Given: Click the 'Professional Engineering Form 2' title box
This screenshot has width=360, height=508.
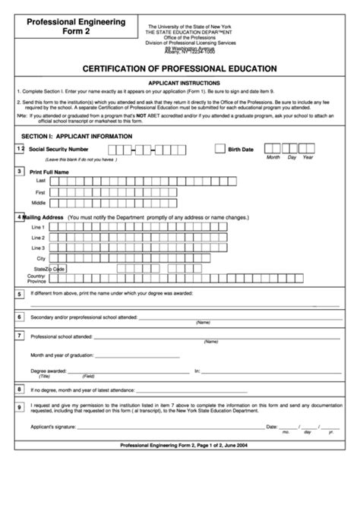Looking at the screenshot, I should coord(76,28).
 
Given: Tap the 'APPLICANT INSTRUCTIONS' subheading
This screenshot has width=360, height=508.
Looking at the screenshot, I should coord(179,82).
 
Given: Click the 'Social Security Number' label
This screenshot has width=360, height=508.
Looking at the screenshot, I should coord(58,150).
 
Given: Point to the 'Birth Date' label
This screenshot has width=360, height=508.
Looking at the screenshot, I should coord(242,150).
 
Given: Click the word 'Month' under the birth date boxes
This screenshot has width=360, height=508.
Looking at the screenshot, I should coord(273,158).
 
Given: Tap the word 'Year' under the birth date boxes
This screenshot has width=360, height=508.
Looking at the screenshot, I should coord(308,158).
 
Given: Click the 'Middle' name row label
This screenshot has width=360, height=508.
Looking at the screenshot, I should coord(39,203).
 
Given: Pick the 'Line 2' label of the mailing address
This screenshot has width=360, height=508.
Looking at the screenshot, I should coord(39,238).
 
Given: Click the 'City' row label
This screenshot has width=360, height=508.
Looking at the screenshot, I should coord(41,258).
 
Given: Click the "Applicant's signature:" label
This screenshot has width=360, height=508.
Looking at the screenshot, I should coord(57,427).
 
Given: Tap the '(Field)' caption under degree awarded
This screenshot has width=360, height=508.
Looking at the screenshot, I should coord(89,377).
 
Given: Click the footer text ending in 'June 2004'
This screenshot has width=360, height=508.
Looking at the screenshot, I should coord(179,443).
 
